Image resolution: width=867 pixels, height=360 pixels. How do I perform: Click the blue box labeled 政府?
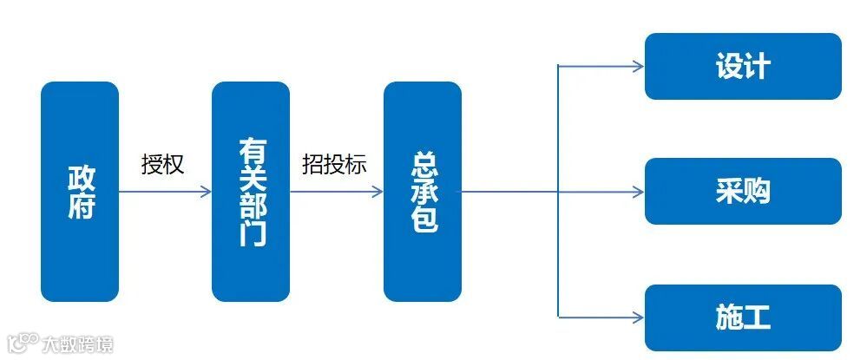click(79, 191)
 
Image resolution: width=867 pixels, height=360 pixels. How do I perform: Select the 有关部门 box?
click(251, 191)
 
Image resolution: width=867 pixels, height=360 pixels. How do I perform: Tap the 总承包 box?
click(423, 191)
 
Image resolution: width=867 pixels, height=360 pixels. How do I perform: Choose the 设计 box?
click(743, 66)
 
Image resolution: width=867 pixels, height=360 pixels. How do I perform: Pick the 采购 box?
click(743, 191)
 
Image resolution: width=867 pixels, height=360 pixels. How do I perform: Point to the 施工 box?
click(743, 317)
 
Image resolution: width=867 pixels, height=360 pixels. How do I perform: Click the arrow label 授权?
click(163, 165)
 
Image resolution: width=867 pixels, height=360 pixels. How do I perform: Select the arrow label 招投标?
click(334, 165)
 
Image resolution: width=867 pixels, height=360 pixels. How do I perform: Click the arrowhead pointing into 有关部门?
click(206, 192)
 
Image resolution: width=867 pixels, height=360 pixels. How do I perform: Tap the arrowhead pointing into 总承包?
click(378, 192)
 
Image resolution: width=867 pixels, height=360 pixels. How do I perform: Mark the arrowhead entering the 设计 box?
click(638, 66)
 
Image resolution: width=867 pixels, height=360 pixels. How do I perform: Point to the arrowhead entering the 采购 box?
click(638, 192)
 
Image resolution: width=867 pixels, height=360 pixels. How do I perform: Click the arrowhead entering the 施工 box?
click(638, 317)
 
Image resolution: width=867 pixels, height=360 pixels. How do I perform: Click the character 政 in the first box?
click(80, 177)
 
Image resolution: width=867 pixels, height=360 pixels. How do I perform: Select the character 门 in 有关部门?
click(251, 235)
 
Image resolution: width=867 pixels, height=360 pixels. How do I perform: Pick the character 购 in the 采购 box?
click(757, 191)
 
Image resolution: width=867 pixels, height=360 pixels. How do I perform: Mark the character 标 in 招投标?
click(355, 165)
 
